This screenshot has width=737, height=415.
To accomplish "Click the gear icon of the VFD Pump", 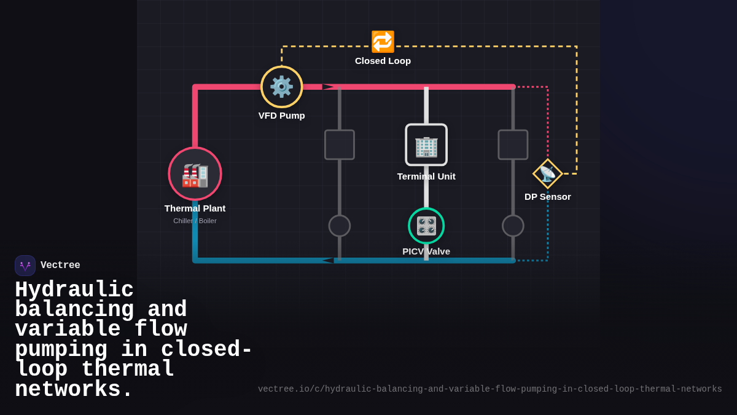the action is point(281,87).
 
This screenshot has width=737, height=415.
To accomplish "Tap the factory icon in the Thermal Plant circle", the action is point(195,176).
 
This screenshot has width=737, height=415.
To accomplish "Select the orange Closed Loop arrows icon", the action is point(383,42).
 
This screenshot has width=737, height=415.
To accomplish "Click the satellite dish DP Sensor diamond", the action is point(547,173).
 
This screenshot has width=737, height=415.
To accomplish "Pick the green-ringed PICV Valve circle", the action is point(426,226).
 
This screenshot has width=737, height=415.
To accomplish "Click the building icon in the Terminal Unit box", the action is point(426,147).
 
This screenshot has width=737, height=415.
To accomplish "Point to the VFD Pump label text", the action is point(282,116).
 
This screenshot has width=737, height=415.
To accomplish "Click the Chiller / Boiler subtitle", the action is point(195,221).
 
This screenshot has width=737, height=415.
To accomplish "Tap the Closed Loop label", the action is point(383,61).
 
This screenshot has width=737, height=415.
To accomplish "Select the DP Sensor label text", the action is point(547,197).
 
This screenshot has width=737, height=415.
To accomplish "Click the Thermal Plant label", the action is point(195,208).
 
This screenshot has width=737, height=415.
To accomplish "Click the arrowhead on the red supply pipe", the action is point(329,87).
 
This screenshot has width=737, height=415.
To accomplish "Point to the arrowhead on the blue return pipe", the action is point(328,261).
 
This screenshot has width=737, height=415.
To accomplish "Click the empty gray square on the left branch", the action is point(340,144).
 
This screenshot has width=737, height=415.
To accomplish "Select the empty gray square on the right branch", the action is point(513,144).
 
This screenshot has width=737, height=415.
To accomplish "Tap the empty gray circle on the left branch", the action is point(340,226).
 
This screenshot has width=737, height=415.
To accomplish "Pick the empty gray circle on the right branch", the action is point(513,226).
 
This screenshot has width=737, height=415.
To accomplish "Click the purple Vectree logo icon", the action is point(25,266).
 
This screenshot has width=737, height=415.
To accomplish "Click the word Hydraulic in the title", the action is point(74,290).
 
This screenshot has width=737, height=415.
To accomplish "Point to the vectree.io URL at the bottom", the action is point(490,389).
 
